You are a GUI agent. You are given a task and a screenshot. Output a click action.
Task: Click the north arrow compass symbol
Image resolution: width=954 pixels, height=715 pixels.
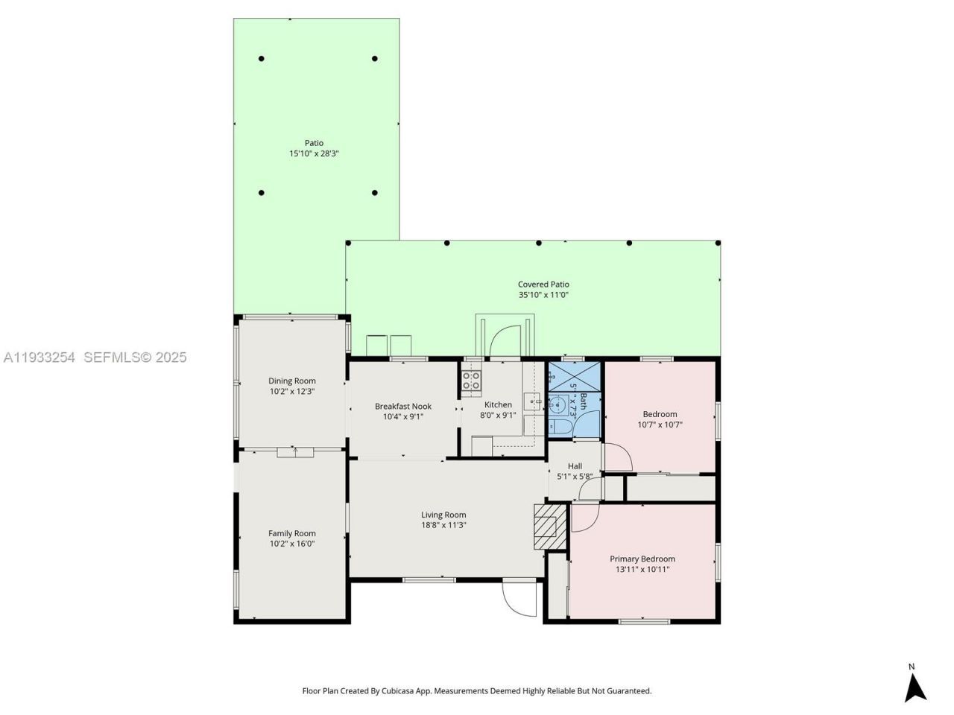click(915, 687)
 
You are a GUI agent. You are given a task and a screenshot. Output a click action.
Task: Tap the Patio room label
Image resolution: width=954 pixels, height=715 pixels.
click(314, 143)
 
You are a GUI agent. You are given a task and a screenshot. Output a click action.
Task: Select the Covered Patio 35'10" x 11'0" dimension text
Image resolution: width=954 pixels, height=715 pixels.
click(543, 295)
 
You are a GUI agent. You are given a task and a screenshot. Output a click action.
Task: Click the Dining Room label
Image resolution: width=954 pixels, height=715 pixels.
click(292, 381)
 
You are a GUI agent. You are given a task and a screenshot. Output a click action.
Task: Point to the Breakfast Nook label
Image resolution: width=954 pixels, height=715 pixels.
click(402, 407)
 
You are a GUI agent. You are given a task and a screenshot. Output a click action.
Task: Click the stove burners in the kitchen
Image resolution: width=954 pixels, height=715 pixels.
click(471, 381)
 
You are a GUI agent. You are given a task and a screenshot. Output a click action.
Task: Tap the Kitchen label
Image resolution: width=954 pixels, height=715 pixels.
click(498, 405)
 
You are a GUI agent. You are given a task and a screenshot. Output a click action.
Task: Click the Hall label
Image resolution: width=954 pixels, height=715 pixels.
click(575, 467)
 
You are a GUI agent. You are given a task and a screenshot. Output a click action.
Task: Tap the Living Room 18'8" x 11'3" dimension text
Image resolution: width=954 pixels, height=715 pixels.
click(443, 525)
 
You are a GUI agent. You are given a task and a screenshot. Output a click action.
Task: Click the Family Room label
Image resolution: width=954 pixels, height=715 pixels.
click(292, 533)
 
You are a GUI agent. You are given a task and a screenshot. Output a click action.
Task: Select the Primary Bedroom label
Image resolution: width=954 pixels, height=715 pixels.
click(642, 559)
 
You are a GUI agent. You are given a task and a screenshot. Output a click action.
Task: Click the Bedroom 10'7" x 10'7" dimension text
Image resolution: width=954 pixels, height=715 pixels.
click(660, 425)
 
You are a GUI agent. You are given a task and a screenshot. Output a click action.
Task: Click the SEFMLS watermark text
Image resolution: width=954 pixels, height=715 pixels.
click(135, 357)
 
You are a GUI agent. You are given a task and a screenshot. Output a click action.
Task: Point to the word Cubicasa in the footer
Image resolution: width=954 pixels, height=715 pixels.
click(399, 691)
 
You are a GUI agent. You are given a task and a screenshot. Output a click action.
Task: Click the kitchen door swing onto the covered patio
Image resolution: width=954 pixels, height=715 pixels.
click(505, 341)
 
